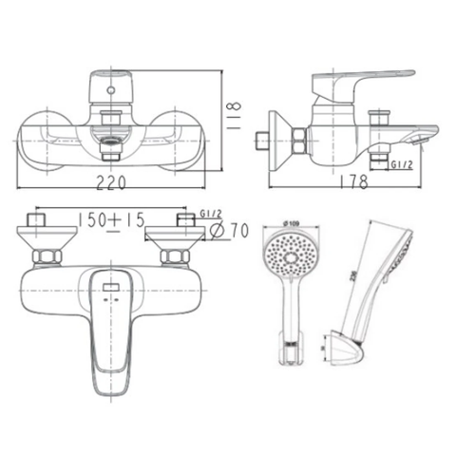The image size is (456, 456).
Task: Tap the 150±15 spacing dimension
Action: [113, 220]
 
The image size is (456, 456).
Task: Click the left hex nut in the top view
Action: [47, 256]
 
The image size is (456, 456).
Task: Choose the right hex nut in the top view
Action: [175, 256]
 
